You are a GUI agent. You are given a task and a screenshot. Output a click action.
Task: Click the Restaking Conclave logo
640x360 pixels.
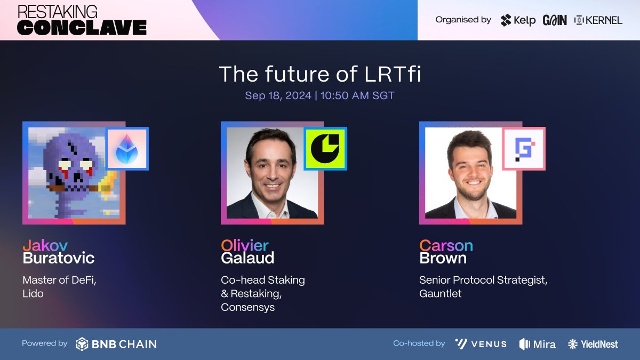point(82,20)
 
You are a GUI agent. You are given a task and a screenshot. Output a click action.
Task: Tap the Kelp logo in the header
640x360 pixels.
point(518,20)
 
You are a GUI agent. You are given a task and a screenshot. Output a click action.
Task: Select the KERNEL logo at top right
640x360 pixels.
point(598,20)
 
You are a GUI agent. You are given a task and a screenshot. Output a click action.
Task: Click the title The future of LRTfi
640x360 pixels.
point(320,74)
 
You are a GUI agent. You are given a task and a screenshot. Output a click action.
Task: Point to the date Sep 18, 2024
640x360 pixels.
point(277,96)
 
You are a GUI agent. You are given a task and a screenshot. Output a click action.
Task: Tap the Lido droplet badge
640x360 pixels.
point(127,148)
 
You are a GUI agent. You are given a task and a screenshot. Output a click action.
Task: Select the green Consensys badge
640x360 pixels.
point(325,148)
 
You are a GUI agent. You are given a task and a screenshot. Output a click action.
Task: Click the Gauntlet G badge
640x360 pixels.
point(524,148)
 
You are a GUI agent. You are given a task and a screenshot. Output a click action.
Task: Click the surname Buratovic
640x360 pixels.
point(58,259)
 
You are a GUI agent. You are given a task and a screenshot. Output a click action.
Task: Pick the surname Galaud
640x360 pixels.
point(247,259)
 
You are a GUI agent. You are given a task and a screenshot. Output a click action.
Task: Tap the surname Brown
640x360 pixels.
point(443,259)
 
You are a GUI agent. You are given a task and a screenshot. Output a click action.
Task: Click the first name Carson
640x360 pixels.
point(446,246)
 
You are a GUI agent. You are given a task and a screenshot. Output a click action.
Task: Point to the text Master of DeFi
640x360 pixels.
point(59,280)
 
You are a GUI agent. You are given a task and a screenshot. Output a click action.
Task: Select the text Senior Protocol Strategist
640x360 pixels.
point(483,280)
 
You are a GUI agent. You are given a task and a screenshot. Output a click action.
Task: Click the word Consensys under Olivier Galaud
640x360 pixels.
point(247,308)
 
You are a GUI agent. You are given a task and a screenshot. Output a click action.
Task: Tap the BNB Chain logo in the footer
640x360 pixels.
point(116,344)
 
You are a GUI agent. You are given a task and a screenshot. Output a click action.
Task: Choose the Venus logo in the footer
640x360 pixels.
point(481,344)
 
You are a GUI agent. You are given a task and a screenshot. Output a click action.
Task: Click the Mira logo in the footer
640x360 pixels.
point(537,344)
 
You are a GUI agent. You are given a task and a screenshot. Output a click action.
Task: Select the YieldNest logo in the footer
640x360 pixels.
point(593,344)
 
